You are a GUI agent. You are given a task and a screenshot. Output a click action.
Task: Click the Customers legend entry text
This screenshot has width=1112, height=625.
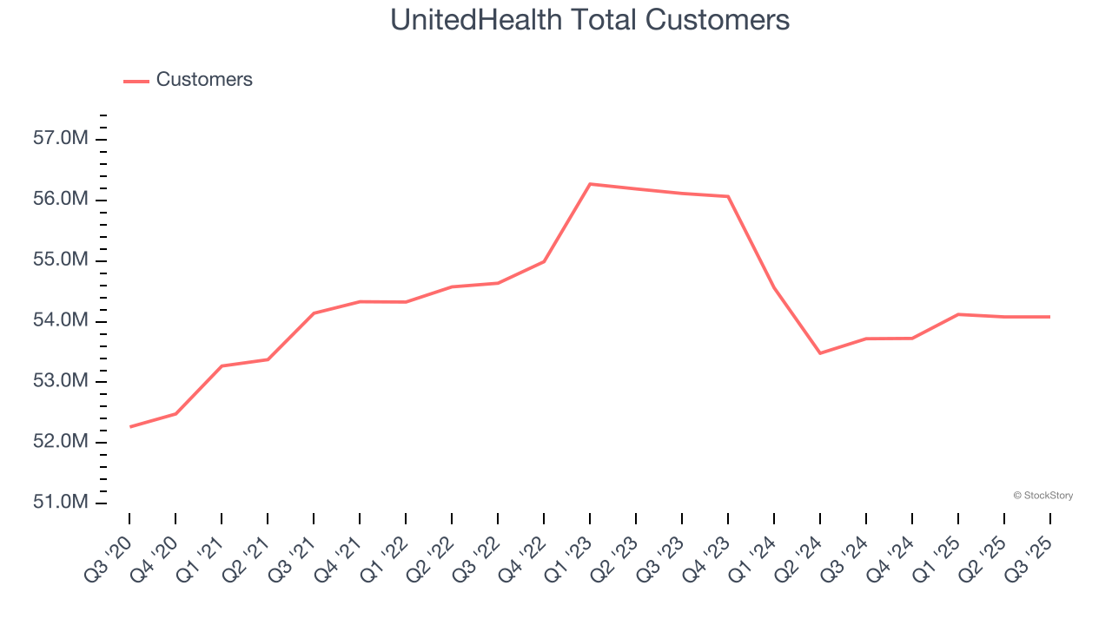click(x=204, y=80)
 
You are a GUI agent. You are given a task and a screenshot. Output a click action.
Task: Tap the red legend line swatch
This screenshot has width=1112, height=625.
click(x=136, y=81)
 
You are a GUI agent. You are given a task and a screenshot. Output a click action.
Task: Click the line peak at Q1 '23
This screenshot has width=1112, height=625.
click(x=590, y=184)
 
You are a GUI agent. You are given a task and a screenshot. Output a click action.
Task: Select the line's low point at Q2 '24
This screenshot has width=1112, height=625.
click(x=820, y=353)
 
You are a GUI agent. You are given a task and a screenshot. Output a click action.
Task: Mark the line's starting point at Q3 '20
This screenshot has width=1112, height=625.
click(x=130, y=427)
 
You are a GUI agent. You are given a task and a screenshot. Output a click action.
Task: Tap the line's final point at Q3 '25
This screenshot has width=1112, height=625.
click(x=1049, y=317)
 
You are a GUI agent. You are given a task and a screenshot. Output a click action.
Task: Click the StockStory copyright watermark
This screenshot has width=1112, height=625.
click(x=1042, y=496)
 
